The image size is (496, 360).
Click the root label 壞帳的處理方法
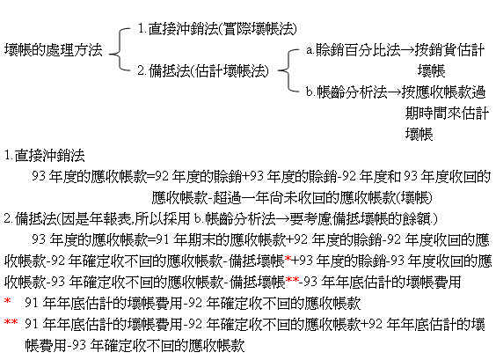54,49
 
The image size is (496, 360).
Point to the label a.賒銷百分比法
354,49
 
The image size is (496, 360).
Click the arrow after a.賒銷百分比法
408,50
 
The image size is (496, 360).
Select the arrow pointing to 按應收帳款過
395,92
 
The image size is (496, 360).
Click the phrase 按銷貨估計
449,49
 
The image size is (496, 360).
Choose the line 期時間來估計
447,113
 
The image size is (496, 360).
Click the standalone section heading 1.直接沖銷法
44,155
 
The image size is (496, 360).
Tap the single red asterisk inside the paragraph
288,259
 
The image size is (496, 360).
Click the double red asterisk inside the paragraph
292,280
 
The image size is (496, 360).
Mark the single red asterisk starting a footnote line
7,300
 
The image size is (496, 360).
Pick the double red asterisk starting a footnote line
11,321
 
